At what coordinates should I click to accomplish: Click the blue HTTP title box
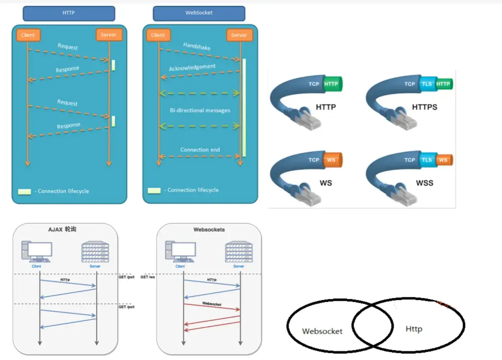tap(69, 14)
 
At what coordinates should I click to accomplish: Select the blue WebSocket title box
tap(199, 14)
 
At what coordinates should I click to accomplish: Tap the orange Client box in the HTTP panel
tap(28, 35)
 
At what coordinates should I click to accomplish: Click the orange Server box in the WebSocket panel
tap(240, 35)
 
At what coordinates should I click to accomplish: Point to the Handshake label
tap(197, 46)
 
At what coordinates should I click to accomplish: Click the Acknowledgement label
tap(192, 67)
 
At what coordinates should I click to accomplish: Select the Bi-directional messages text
tap(200, 110)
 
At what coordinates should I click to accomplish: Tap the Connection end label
tap(200, 150)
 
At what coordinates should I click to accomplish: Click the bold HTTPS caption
tap(425, 107)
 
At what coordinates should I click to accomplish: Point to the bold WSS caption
tap(425, 183)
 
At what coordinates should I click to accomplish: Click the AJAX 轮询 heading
tap(62, 229)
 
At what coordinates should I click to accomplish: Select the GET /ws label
tap(147, 277)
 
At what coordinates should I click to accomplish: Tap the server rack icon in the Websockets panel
tap(239, 252)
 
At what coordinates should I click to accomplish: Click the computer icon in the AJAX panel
tap(37, 252)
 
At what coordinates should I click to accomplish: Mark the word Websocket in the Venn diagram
tap(322, 331)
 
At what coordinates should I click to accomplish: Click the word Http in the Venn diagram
tap(414, 329)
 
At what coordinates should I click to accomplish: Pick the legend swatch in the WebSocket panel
tap(154, 191)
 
